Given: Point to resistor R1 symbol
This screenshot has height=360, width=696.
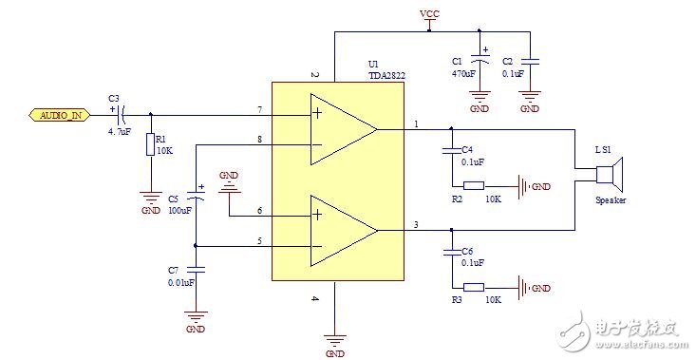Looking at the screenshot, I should (x=150, y=144).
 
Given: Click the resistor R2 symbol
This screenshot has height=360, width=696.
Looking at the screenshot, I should (x=475, y=185).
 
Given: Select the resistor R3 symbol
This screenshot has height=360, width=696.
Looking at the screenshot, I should (x=475, y=287).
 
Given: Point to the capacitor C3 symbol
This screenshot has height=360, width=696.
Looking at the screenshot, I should (x=121, y=115).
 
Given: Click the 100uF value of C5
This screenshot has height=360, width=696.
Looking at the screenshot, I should (x=179, y=210).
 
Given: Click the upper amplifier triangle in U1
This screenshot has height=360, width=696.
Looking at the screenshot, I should (x=343, y=129).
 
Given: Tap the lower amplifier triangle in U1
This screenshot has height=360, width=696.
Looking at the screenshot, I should (x=343, y=231).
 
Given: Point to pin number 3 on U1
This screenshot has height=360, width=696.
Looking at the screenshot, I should (x=415, y=224).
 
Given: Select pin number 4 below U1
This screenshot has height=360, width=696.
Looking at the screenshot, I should (x=314, y=298).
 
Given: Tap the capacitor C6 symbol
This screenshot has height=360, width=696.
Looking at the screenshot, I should (x=451, y=252).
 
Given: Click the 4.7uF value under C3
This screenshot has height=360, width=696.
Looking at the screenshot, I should (x=119, y=133).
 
